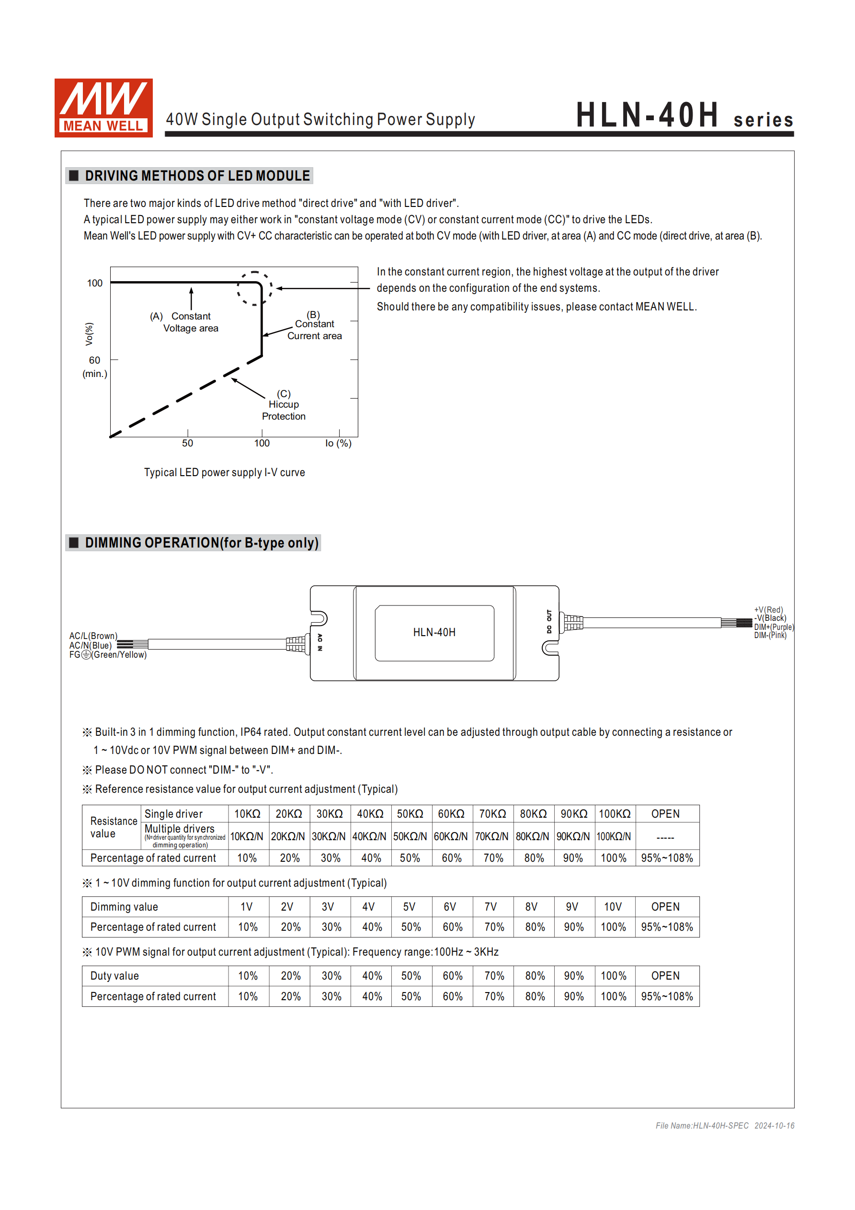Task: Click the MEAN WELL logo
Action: pyautogui.click(x=103, y=108)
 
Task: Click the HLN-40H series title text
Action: pyautogui.click(x=684, y=116)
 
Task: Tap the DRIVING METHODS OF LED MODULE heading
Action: pyautogui.click(x=197, y=176)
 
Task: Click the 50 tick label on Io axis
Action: pyautogui.click(x=188, y=443)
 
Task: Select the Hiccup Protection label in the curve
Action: pyautogui.click(x=284, y=405)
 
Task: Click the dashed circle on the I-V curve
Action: pyautogui.click(x=255, y=288)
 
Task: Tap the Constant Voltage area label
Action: pyautogui.click(x=190, y=322)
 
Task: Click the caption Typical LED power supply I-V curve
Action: pyautogui.click(x=225, y=473)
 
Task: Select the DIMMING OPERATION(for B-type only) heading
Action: pyautogui.click(x=201, y=543)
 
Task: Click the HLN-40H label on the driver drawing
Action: pyautogui.click(x=434, y=632)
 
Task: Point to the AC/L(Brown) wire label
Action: pyautogui.click(x=93, y=636)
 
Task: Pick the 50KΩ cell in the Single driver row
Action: pyautogui.click(x=410, y=814)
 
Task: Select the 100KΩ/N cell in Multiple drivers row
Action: pyautogui.click(x=614, y=837)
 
